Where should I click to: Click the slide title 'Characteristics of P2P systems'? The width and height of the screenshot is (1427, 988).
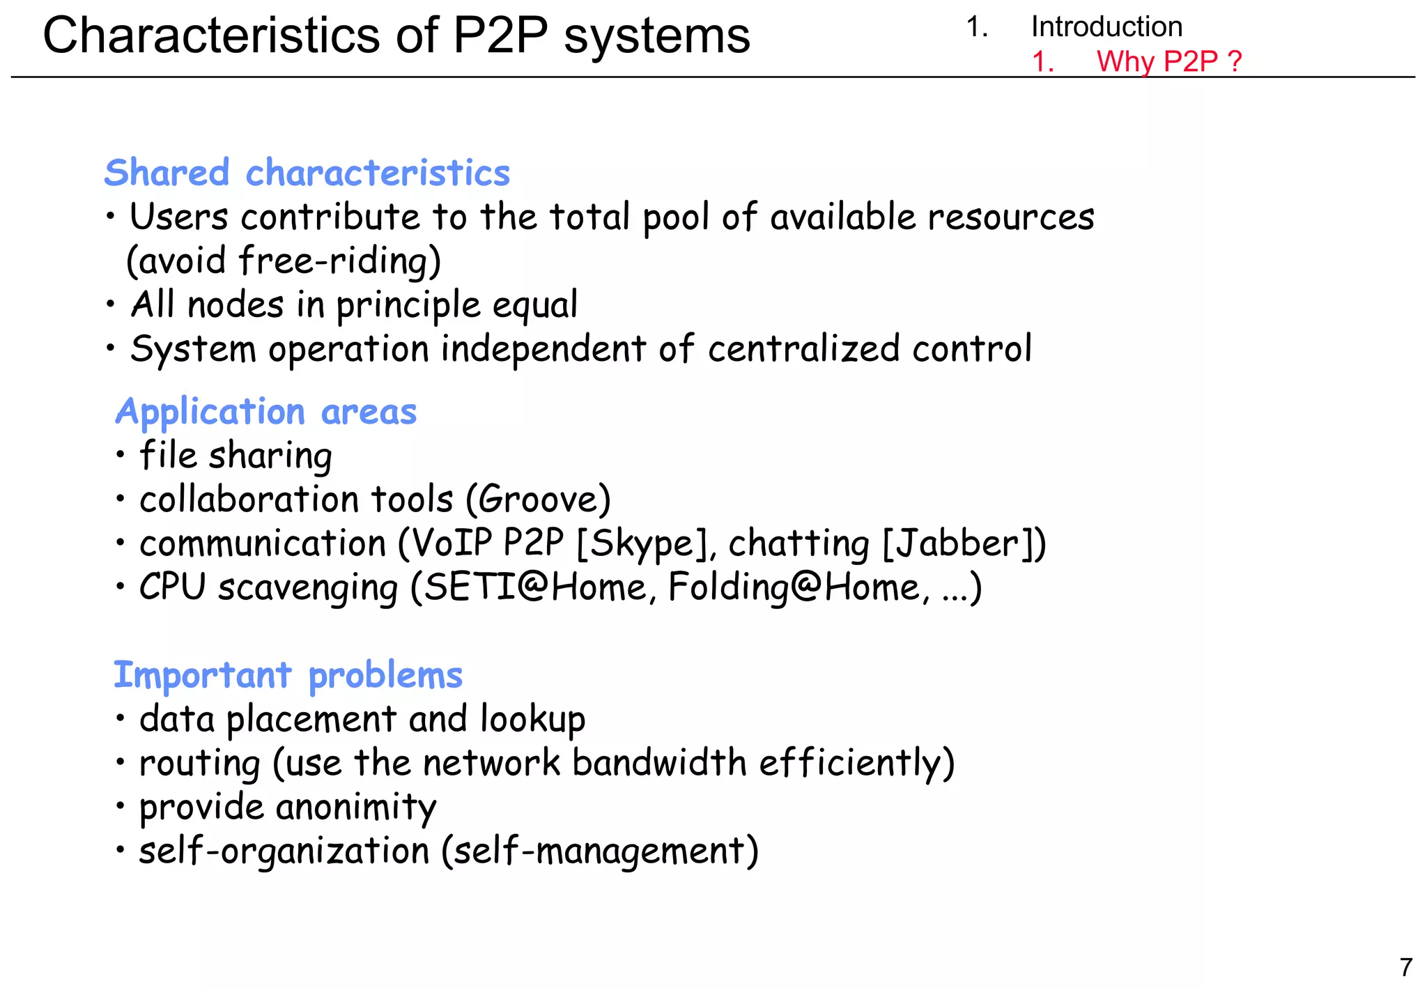[x=396, y=36]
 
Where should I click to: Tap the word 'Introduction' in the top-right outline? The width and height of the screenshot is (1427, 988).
[x=1106, y=27]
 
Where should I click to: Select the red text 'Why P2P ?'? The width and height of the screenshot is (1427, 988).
[x=1168, y=61]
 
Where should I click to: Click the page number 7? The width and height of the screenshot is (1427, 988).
[x=1405, y=967]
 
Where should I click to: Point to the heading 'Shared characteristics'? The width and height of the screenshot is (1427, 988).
[x=307, y=173]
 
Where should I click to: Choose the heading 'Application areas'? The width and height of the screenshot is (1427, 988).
[x=265, y=412]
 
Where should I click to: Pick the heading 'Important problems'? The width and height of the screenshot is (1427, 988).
[x=288, y=675]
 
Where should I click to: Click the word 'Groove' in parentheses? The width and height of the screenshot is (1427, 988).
[x=538, y=500]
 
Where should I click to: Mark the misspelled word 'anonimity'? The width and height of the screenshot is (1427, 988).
[x=356, y=807]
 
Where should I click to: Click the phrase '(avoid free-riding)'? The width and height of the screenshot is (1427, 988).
[x=284, y=261]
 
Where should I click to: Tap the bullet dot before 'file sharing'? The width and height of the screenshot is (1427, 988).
[x=121, y=455]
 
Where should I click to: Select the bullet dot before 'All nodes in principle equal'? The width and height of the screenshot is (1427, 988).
[x=110, y=304]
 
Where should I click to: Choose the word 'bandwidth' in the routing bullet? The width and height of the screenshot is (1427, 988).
[x=659, y=763]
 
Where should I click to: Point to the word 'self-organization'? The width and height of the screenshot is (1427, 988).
[x=284, y=851]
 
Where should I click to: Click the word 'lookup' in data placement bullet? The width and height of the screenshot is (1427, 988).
[x=532, y=720]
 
